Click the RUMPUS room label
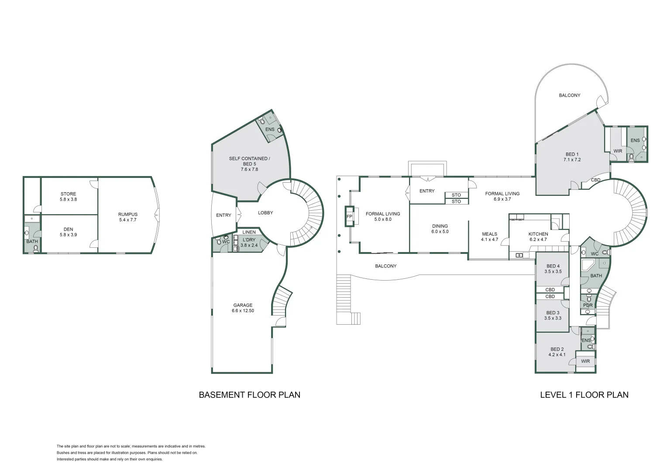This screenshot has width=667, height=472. click(x=127, y=217)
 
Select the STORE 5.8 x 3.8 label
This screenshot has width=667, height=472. click(x=68, y=197)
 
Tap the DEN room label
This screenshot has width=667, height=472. click(x=68, y=232)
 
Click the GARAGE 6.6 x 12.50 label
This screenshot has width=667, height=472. click(x=243, y=308)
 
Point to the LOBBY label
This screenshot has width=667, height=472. click(x=265, y=213)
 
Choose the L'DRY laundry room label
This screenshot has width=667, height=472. click(x=249, y=243)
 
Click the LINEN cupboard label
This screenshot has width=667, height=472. click(x=249, y=232)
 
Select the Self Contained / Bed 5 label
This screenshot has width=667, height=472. click(x=249, y=164)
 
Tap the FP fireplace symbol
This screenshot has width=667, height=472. click(x=349, y=216)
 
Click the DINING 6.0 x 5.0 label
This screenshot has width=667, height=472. click(x=440, y=229)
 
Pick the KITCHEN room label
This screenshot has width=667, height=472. click(x=538, y=236)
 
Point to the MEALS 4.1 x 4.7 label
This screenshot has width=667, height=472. click(x=489, y=236)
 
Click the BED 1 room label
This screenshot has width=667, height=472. click(x=572, y=157)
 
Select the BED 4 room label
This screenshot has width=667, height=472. click(x=553, y=269)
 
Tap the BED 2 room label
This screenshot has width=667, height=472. click(x=557, y=352)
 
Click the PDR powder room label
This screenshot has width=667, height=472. click(x=588, y=305)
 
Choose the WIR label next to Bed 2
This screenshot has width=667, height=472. click(x=585, y=361)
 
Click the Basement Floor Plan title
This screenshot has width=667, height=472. click(x=249, y=395)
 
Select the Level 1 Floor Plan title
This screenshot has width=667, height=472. click(x=584, y=395)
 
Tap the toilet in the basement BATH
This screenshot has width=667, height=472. click(x=36, y=248)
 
